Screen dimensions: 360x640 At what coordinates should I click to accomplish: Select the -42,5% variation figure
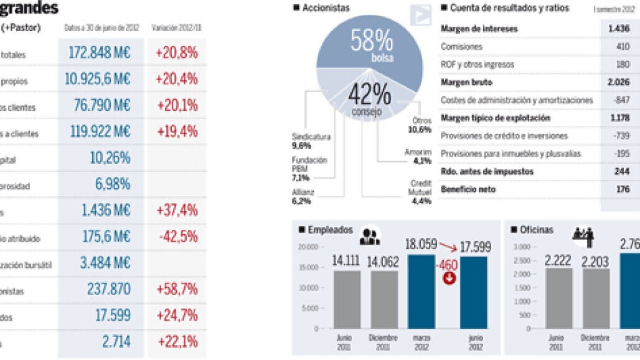click(176, 237)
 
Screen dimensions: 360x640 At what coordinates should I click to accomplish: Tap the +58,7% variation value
click(176, 289)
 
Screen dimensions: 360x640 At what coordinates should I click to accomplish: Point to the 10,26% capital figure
click(110, 158)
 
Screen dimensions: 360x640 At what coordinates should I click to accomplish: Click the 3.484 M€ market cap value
click(105, 263)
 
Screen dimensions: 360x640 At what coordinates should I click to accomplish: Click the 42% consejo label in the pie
click(369, 100)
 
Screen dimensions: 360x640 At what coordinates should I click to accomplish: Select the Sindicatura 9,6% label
click(311, 141)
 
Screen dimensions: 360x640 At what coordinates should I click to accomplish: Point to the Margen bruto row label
click(466, 82)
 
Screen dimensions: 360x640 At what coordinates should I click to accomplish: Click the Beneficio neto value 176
click(623, 189)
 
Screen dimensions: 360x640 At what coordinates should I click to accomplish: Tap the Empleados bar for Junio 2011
click(346, 299)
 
